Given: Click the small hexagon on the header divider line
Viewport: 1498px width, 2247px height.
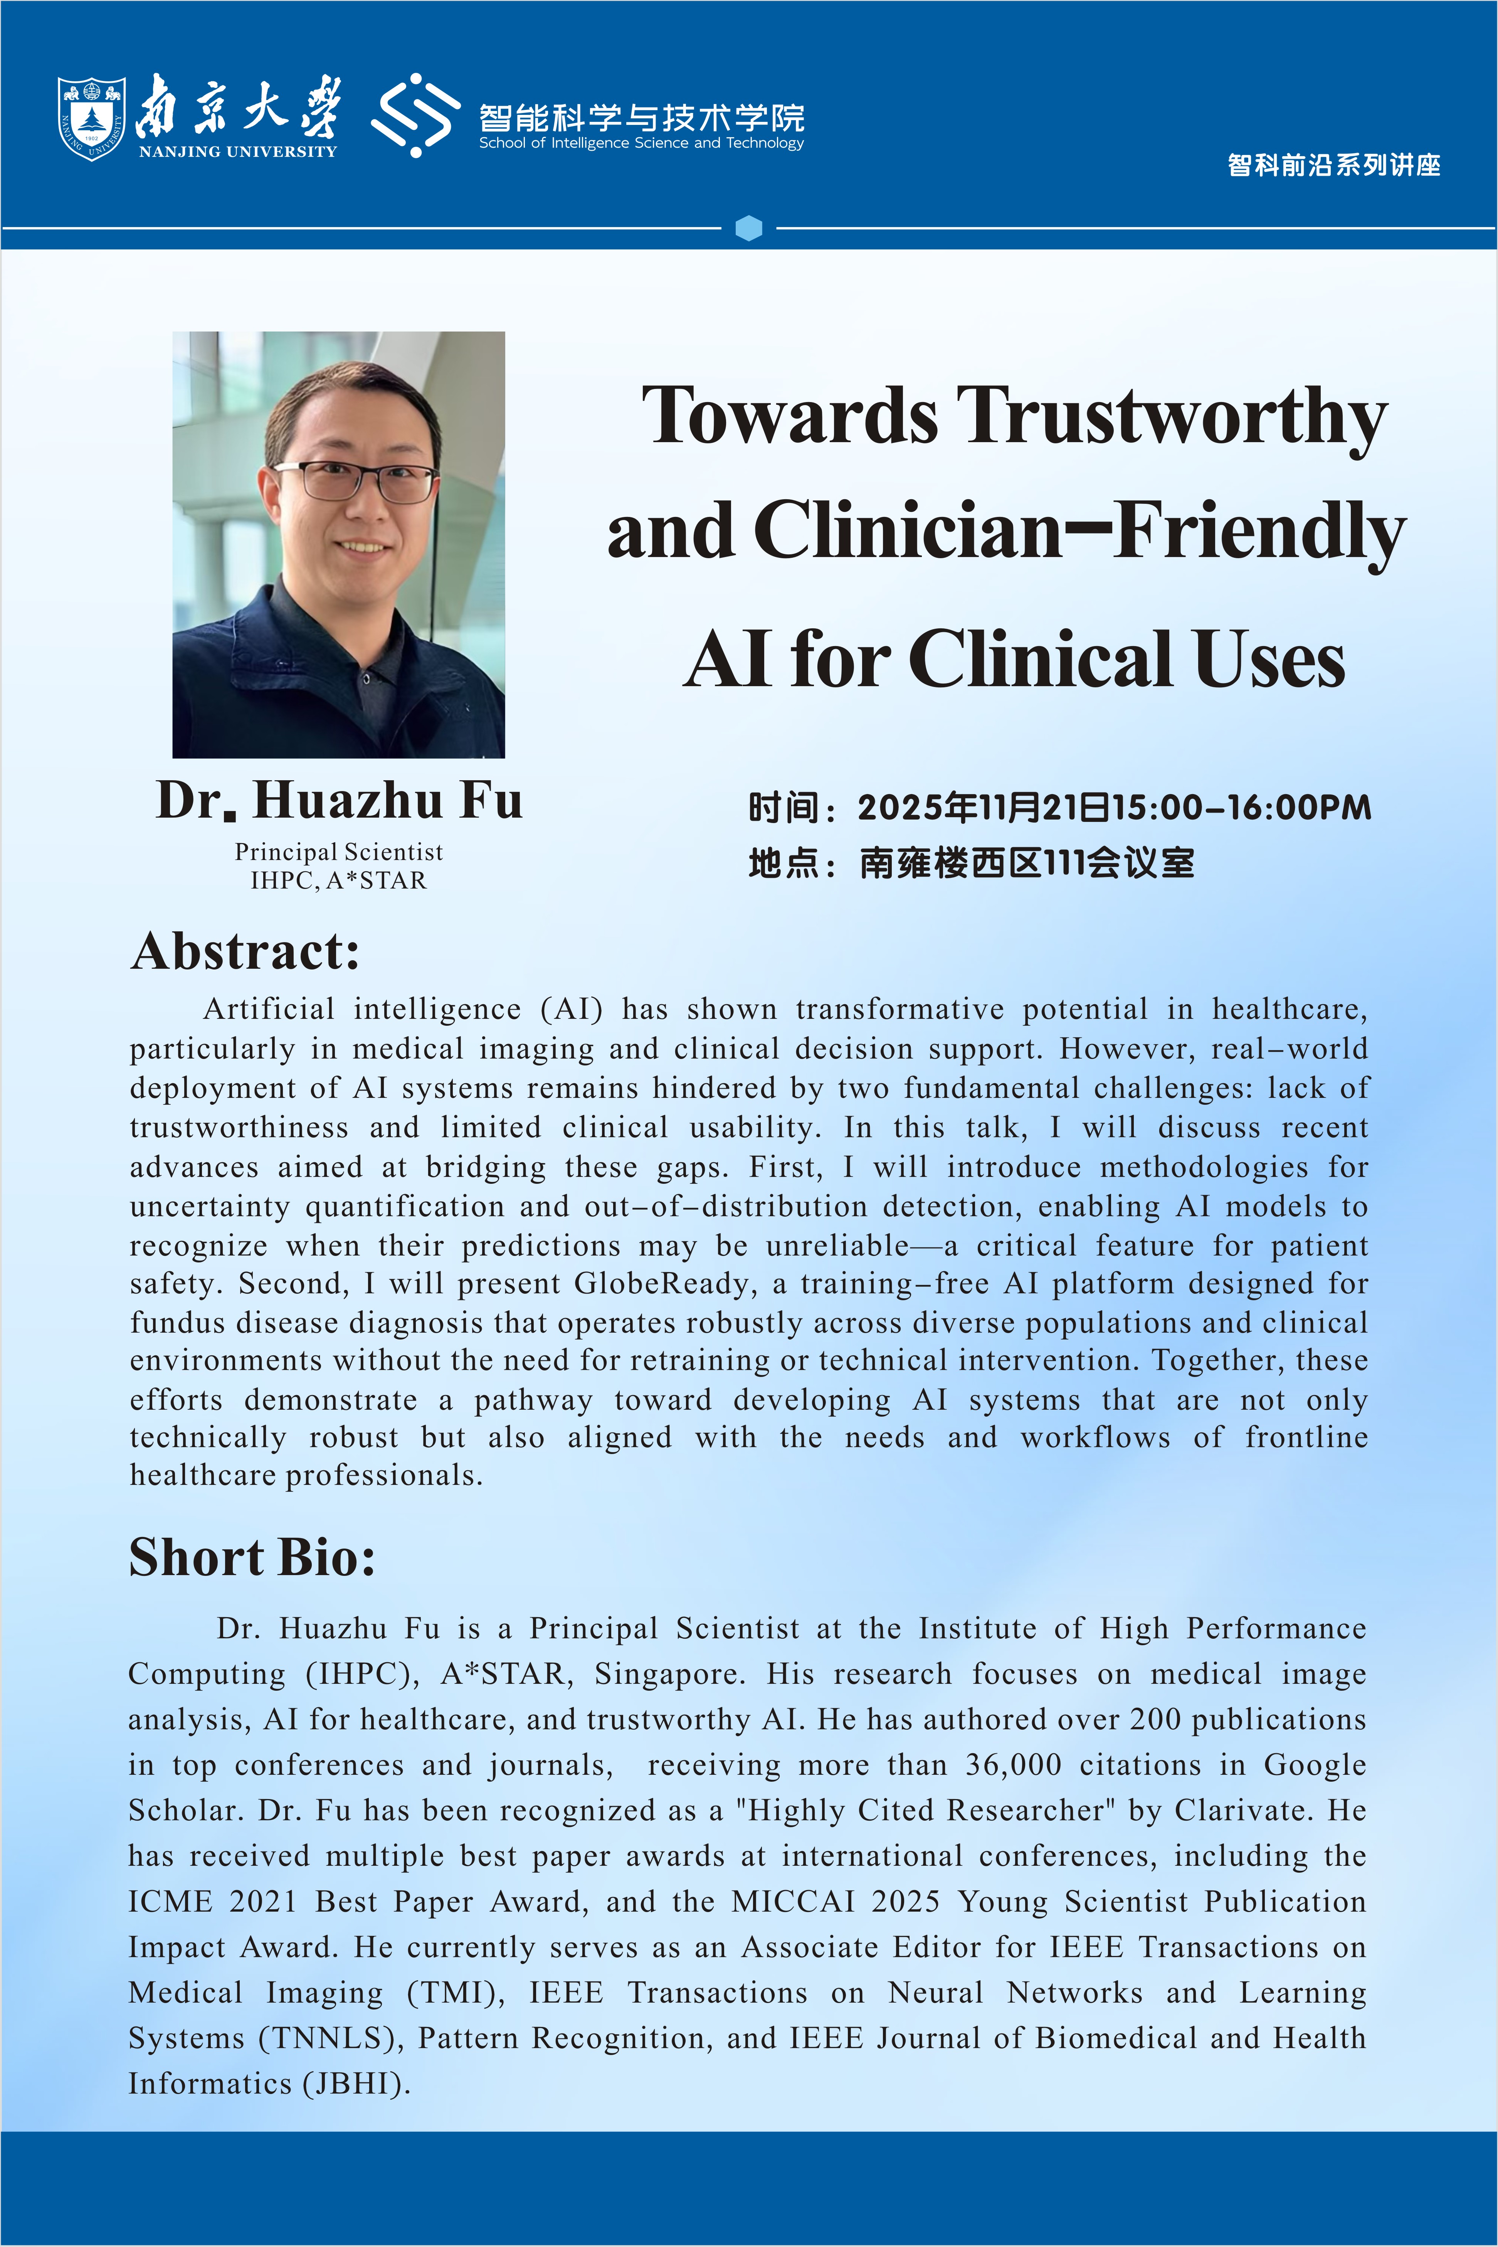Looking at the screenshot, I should click(x=749, y=228).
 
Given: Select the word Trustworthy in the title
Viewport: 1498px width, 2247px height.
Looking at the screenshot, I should click(x=1171, y=417).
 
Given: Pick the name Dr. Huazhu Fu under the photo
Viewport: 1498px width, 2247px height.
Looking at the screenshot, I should click(x=339, y=801).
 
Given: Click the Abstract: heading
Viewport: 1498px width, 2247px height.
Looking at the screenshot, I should click(x=245, y=951).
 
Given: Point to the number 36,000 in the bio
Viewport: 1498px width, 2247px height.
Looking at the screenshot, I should click(x=1013, y=1764).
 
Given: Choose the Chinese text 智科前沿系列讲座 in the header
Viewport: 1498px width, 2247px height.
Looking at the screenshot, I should click(x=1334, y=165).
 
